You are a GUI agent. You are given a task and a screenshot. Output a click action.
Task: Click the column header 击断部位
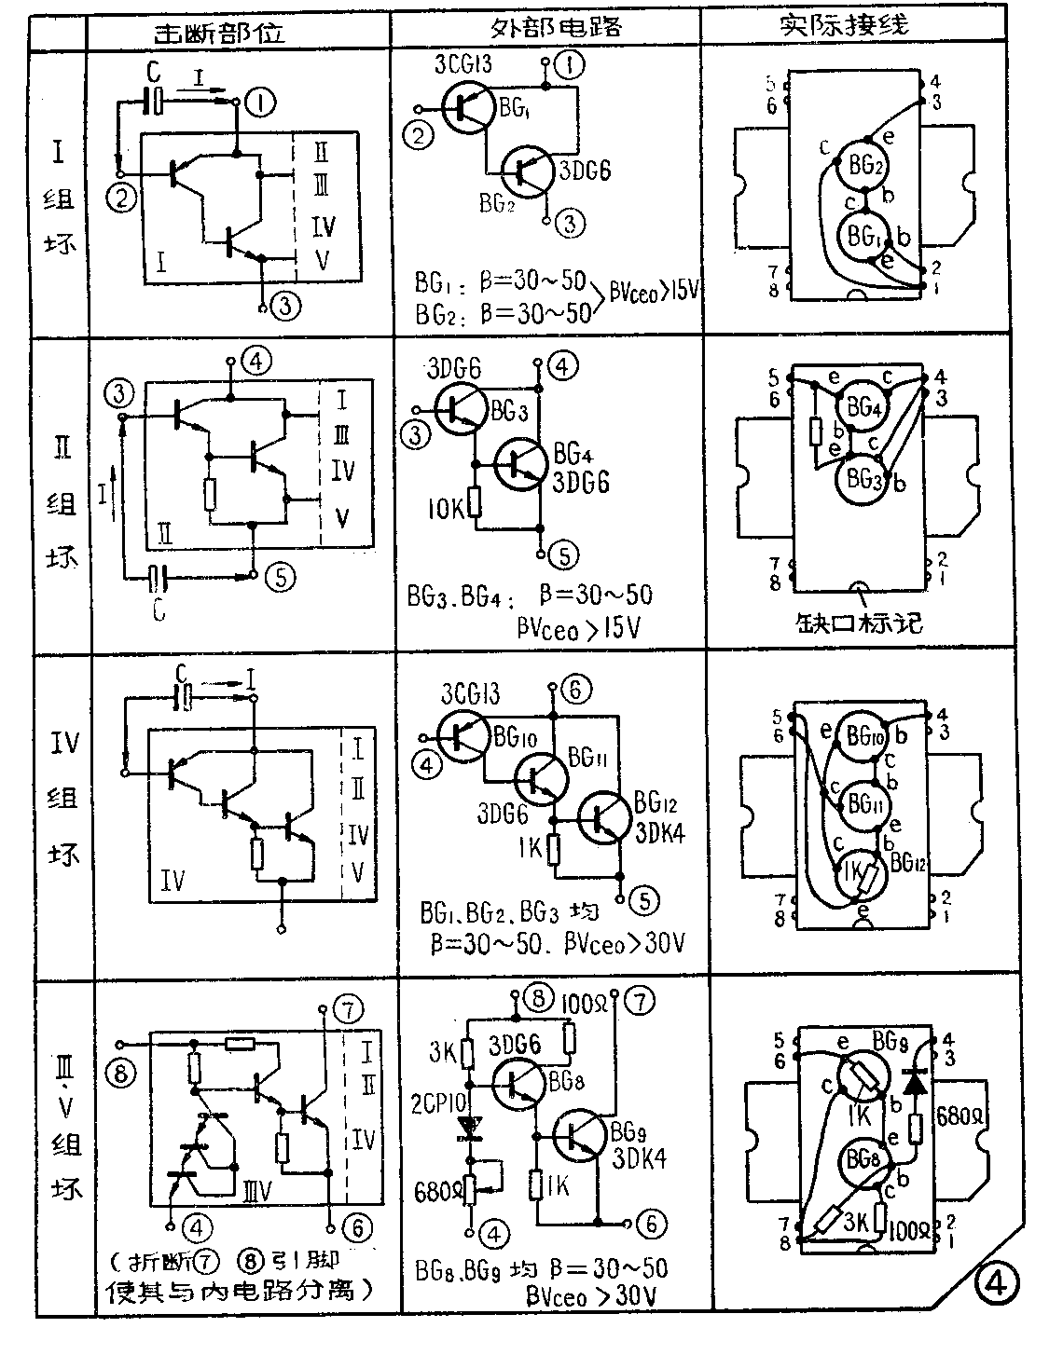[x=220, y=30]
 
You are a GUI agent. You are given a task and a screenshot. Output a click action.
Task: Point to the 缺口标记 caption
[x=859, y=623]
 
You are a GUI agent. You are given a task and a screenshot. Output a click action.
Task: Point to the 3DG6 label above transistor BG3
[x=453, y=370]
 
